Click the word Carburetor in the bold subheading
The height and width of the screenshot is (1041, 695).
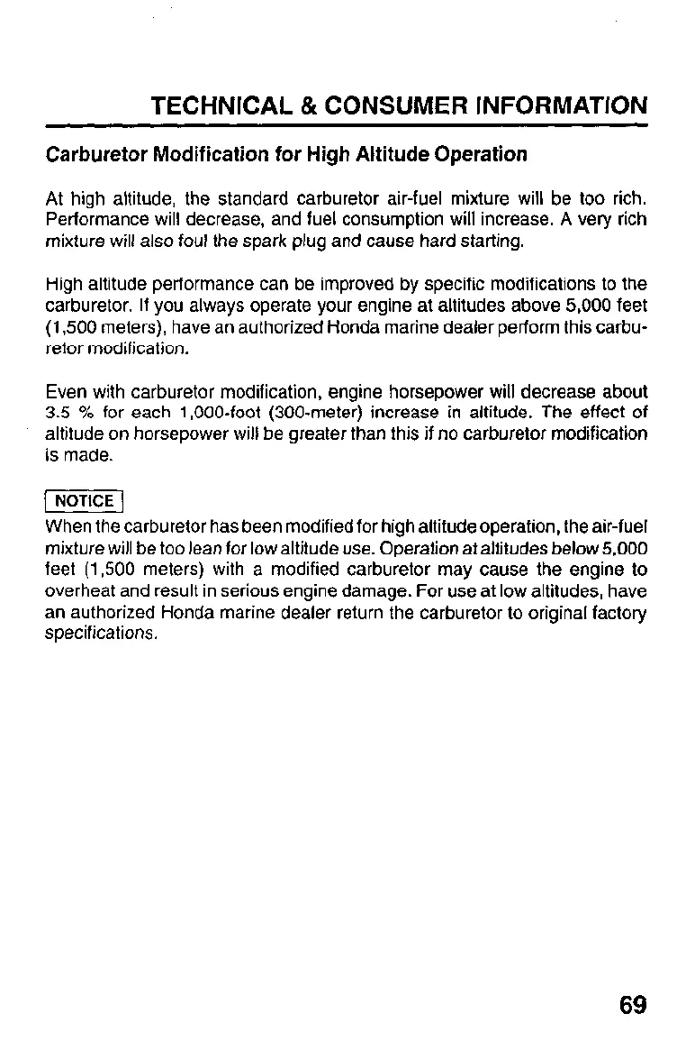coord(93,154)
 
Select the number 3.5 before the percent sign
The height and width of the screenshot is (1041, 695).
coord(57,413)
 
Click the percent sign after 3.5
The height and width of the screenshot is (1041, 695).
coord(87,413)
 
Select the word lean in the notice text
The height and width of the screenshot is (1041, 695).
coord(198,548)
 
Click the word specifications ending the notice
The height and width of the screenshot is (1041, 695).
coord(101,634)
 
